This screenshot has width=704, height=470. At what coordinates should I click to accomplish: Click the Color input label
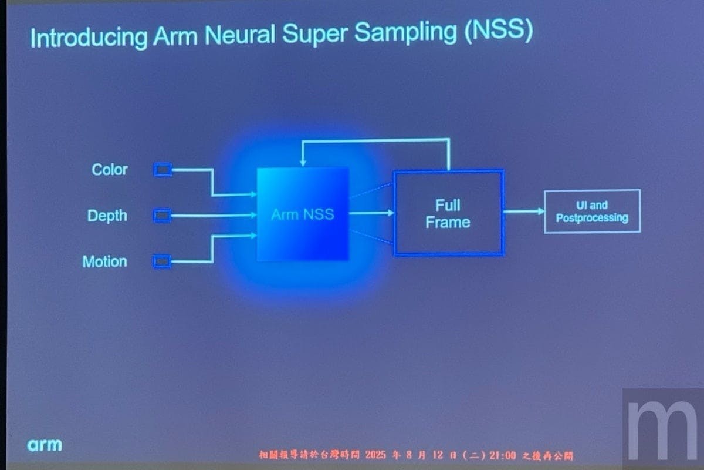[x=110, y=170]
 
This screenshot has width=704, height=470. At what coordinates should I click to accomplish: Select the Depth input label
[x=107, y=216]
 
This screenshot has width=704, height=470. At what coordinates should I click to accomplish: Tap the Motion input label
[x=104, y=261]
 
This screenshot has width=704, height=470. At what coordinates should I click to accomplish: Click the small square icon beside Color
[x=163, y=170]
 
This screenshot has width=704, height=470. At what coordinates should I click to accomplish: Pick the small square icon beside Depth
[x=163, y=216]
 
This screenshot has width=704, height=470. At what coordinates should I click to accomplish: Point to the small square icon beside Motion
[x=163, y=261]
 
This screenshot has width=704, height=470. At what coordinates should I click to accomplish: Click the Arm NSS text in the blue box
[x=303, y=214]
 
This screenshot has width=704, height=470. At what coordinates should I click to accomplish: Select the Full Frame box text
[x=448, y=214]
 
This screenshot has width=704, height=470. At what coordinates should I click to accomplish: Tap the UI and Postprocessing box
[x=592, y=211]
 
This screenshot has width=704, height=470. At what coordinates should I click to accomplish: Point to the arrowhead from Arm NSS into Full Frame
[x=390, y=213]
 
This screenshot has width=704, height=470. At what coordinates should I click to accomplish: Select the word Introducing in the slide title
[x=89, y=38]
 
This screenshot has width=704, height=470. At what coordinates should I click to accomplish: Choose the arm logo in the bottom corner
[x=45, y=445]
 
